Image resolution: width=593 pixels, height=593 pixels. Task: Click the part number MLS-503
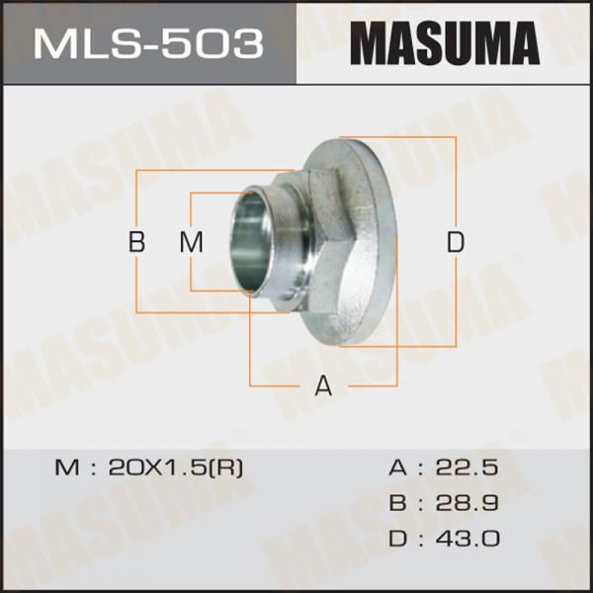(148, 43)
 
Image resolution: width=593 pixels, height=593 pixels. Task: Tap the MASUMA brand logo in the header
(445, 43)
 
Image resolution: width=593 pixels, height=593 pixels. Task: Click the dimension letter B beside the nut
(136, 242)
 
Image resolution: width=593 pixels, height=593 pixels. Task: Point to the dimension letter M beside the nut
(192, 242)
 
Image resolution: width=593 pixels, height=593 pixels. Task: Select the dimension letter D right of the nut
(456, 242)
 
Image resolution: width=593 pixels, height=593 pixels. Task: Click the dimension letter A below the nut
(323, 385)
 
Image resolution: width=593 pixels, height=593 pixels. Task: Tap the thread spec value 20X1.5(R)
(176, 467)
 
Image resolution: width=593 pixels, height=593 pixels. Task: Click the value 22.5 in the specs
(467, 467)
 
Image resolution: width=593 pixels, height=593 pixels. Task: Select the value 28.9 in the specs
(467, 503)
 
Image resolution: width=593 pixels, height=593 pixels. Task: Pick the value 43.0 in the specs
(467, 539)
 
